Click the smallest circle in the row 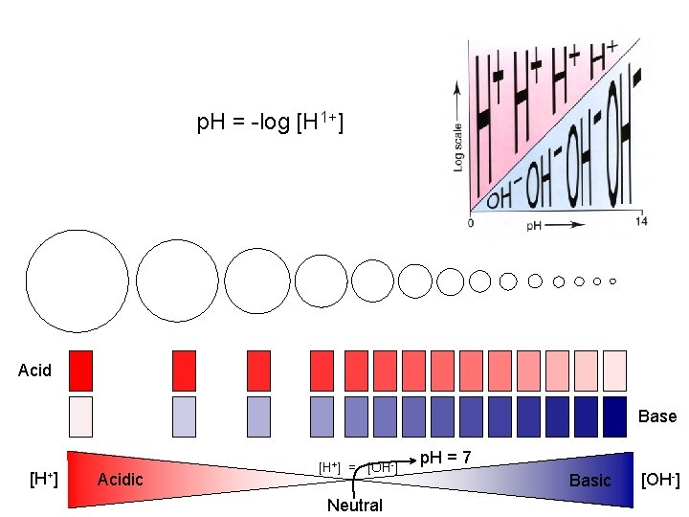tap(612, 281)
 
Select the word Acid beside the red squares tap(34, 371)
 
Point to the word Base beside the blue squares tap(657, 416)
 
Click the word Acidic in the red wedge tap(121, 479)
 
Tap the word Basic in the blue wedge tap(589, 480)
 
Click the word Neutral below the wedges tap(354, 506)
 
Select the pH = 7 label tap(445, 458)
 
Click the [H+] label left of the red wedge tap(44, 478)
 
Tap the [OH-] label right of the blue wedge tap(660, 479)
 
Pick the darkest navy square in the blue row tap(614, 416)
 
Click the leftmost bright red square tap(81, 371)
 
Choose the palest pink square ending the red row tap(614, 371)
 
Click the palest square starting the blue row tap(81, 416)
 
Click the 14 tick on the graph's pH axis tap(641, 222)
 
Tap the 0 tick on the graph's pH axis tap(470, 222)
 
